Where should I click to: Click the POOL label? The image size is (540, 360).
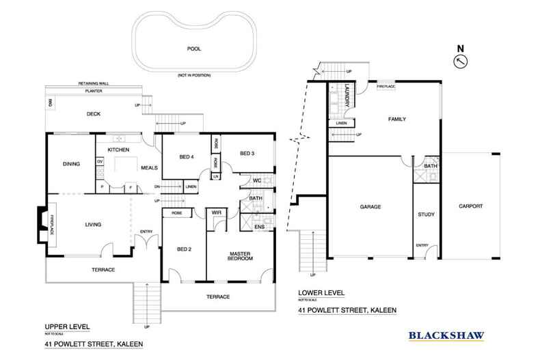tap(194, 49)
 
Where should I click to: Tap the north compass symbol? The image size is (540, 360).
tap(461, 61)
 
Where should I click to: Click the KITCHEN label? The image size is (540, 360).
tap(118, 149)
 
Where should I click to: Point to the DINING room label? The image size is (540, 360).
tap(72, 164)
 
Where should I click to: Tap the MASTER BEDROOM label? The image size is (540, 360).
tap(241, 256)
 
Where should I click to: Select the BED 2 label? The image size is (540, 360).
tap(184, 249)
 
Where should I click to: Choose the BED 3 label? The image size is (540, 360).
tap(247, 154)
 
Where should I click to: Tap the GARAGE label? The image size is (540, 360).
tap(370, 206)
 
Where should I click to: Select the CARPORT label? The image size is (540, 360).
tap(471, 206)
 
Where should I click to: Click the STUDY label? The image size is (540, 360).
tap(426, 215)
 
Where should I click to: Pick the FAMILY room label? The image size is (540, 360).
tap(396, 119)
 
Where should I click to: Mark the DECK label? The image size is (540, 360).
tap(94, 114)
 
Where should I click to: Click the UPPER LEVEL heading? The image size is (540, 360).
tap(66, 326)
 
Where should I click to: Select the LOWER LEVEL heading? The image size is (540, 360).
tap(321, 293)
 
